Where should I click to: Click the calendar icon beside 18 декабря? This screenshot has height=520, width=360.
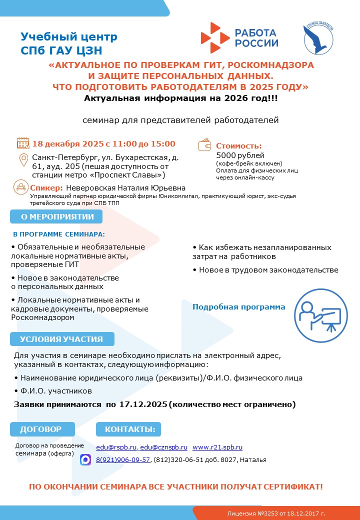pyautogui.click(x=23, y=143)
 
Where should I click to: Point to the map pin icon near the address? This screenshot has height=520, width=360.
pyautogui.click(x=23, y=160)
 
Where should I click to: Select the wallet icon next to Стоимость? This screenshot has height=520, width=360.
pyautogui.click(x=205, y=144)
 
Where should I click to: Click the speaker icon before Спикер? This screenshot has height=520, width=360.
pyautogui.click(x=21, y=187)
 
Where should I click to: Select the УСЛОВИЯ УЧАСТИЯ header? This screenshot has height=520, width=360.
pyautogui.click(x=61, y=339)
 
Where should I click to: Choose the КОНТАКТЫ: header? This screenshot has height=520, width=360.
pyautogui.click(x=129, y=429)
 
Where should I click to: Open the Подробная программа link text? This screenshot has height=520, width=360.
pyautogui.click(x=239, y=307)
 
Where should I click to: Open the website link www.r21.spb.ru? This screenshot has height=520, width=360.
pyautogui.click(x=217, y=447)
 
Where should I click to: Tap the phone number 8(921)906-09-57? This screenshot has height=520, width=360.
pyautogui.click(x=123, y=460)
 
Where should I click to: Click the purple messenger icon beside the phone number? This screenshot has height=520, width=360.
pyautogui.click(x=85, y=459)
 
